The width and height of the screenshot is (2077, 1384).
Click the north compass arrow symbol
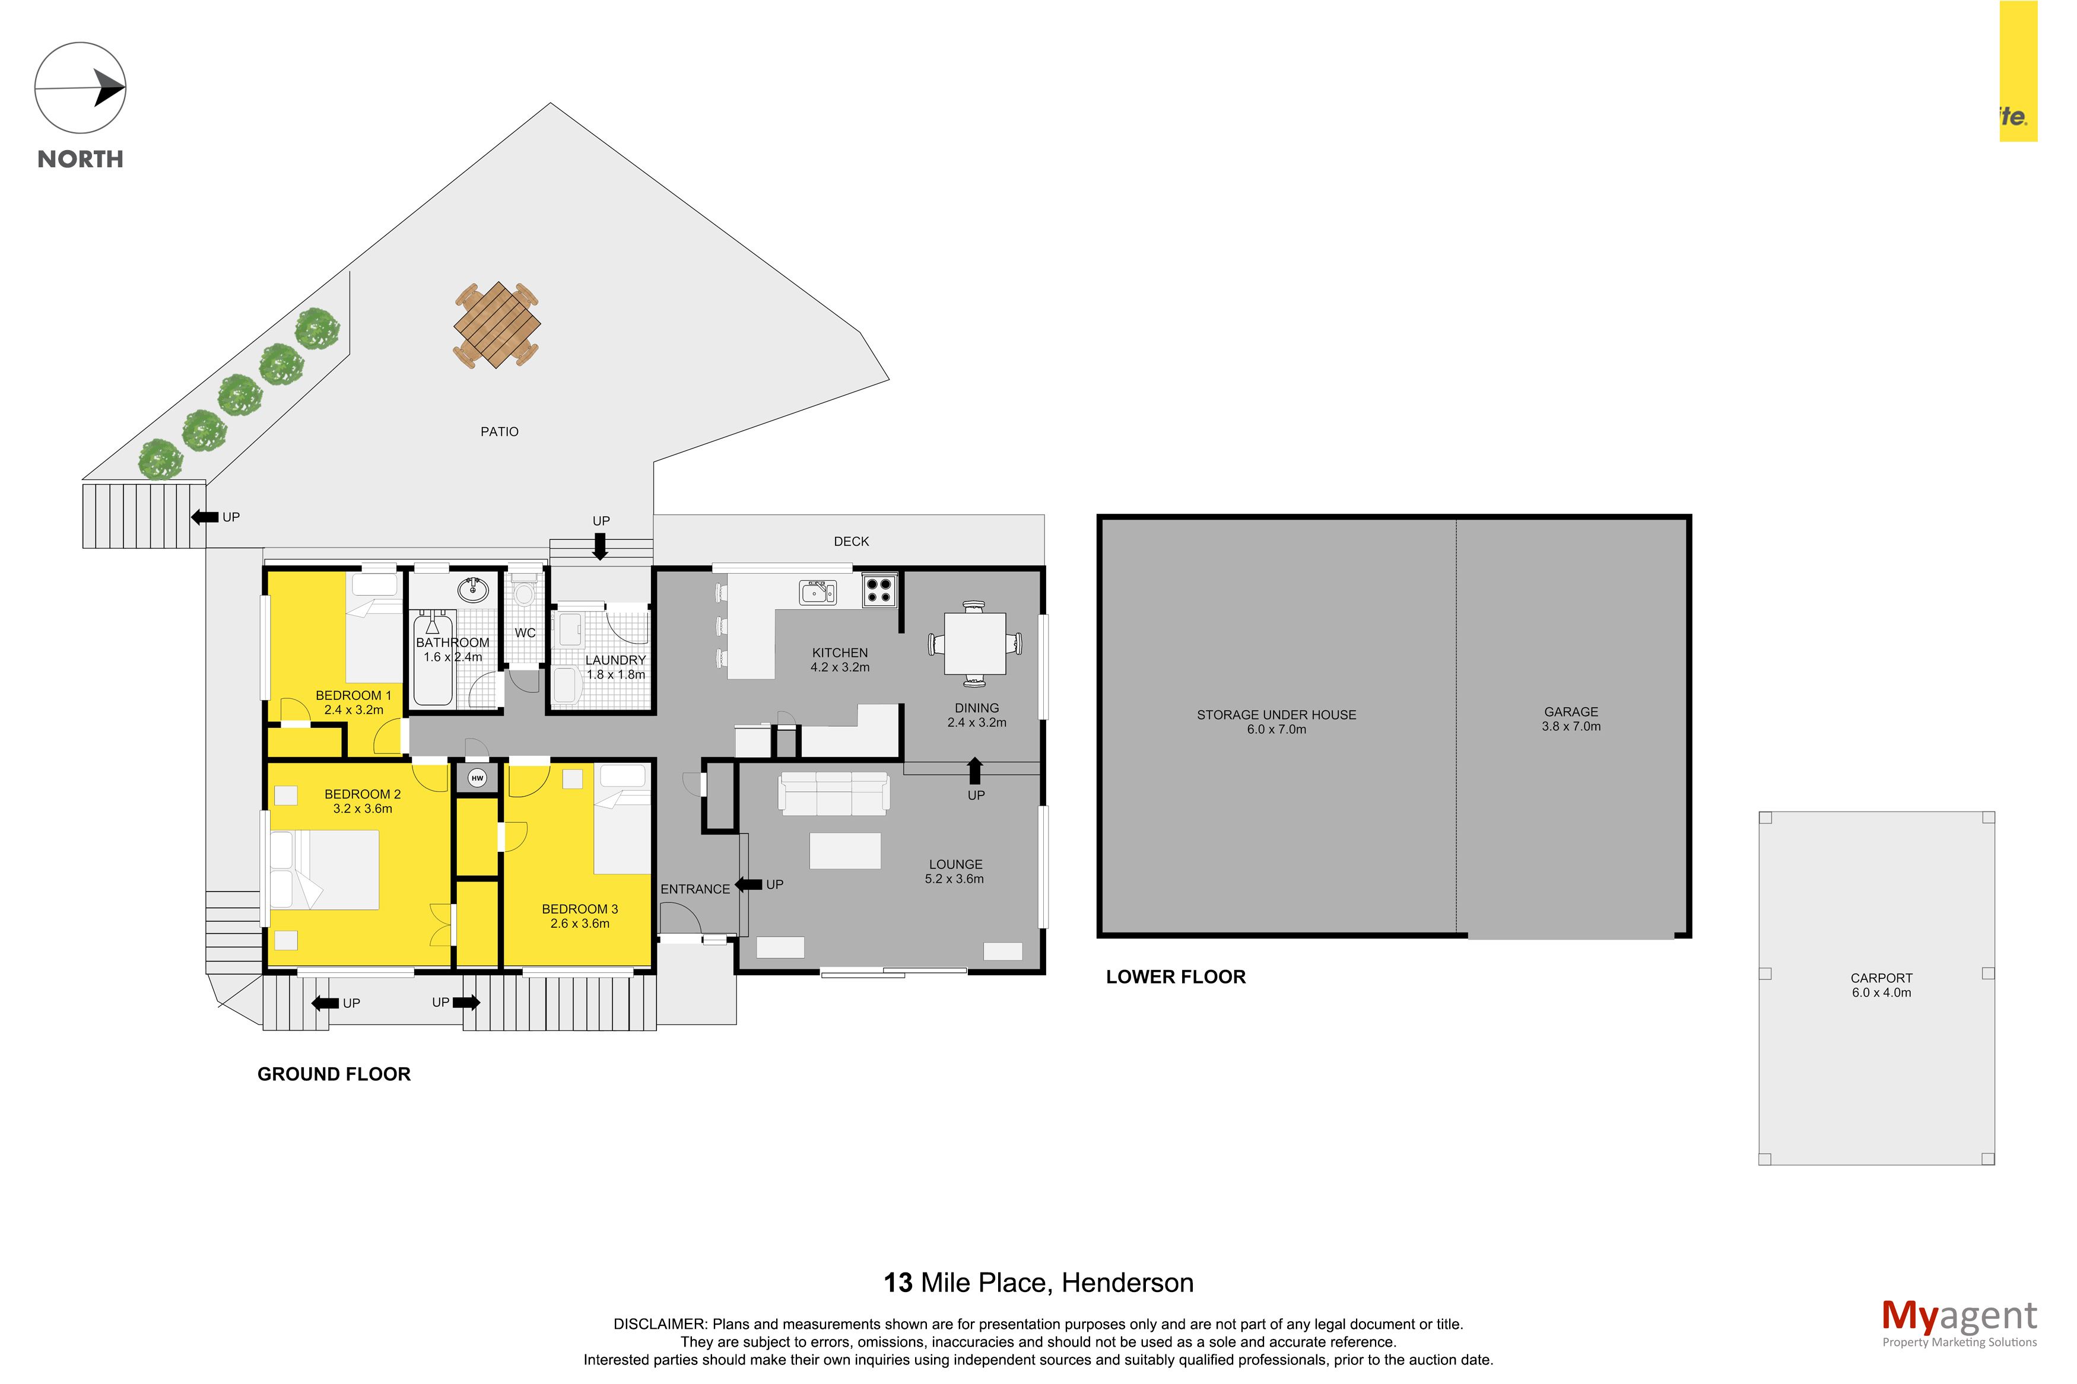coord(80,88)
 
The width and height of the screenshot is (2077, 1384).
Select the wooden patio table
coord(497,325)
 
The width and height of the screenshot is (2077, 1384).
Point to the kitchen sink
coord(817,592)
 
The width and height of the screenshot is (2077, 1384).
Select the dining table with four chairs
coord(974,644)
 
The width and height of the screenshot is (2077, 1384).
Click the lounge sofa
coord(833,793)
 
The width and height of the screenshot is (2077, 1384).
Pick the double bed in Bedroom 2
coord(325,870)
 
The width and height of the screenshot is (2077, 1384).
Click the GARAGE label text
coord(1570,711)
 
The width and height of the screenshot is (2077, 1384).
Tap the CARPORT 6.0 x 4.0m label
coord(1881,985)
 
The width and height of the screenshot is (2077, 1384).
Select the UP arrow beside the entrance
coord(748,883)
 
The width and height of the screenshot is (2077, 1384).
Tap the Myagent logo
coord(1959,1324)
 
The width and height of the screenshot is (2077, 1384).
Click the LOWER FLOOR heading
coord(1175,977)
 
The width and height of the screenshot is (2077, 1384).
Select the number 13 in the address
coord(898,1283)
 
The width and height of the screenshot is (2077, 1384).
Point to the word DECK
coord(851,541)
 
